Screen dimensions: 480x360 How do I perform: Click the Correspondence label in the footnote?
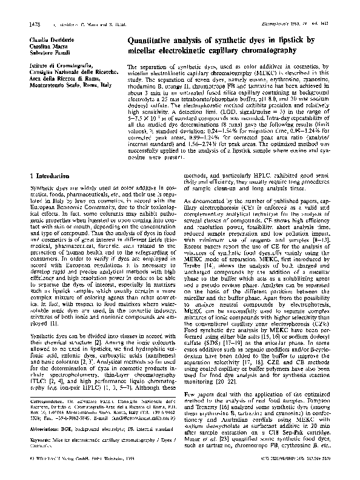tap(44, 418)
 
